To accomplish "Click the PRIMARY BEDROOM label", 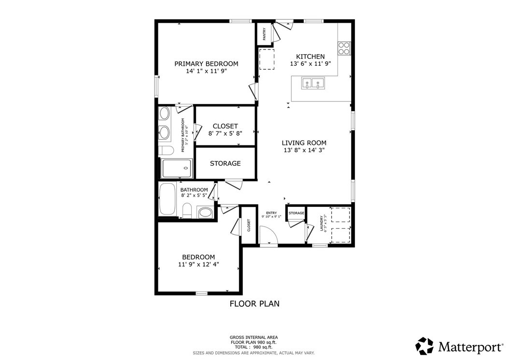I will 206,64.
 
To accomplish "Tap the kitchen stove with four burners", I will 344,48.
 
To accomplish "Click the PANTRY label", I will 264,34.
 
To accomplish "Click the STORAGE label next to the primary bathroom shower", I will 225,163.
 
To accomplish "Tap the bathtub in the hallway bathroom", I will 168,199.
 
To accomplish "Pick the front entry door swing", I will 268,236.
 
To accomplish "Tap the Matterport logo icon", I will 425,346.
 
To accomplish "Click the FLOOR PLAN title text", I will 254,304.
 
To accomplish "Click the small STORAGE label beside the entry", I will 296,213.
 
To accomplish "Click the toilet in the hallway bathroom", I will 187,210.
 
